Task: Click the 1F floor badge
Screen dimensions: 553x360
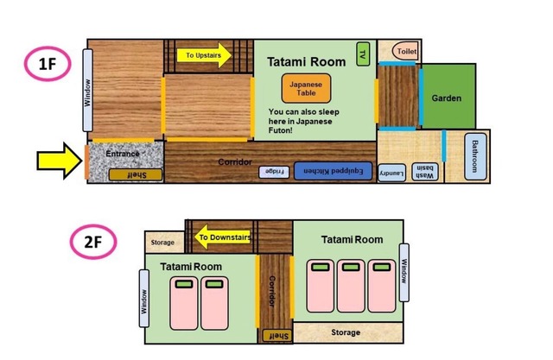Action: coord(48,64)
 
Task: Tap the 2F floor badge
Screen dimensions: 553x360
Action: coord(93,242)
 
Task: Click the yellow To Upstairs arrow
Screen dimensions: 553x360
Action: coord(204,55)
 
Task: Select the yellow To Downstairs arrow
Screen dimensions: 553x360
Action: coord(223,237)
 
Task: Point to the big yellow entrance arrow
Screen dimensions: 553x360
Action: coord(60,161)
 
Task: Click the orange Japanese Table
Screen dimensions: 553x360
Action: coord(306,88)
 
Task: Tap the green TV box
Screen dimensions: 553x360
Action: coord(363,54)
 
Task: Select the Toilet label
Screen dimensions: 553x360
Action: coord(405,52)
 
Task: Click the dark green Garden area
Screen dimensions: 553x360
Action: coord(448,96)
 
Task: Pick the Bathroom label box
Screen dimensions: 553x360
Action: coord(475,156)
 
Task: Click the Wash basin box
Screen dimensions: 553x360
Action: coord(424,172)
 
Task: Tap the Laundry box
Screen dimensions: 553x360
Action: coord(391,173)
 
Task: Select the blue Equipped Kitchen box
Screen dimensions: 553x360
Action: coord(333,171)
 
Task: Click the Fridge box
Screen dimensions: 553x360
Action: coord(274,172)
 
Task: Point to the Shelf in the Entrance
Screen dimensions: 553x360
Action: coord(136,174)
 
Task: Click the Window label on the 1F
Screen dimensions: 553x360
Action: coord(87,91)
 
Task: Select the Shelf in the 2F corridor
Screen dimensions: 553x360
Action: coord(277,336)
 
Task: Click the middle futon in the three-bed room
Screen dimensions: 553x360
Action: coord(351,286)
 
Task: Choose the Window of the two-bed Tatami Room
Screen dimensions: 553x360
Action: coord(144,299)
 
